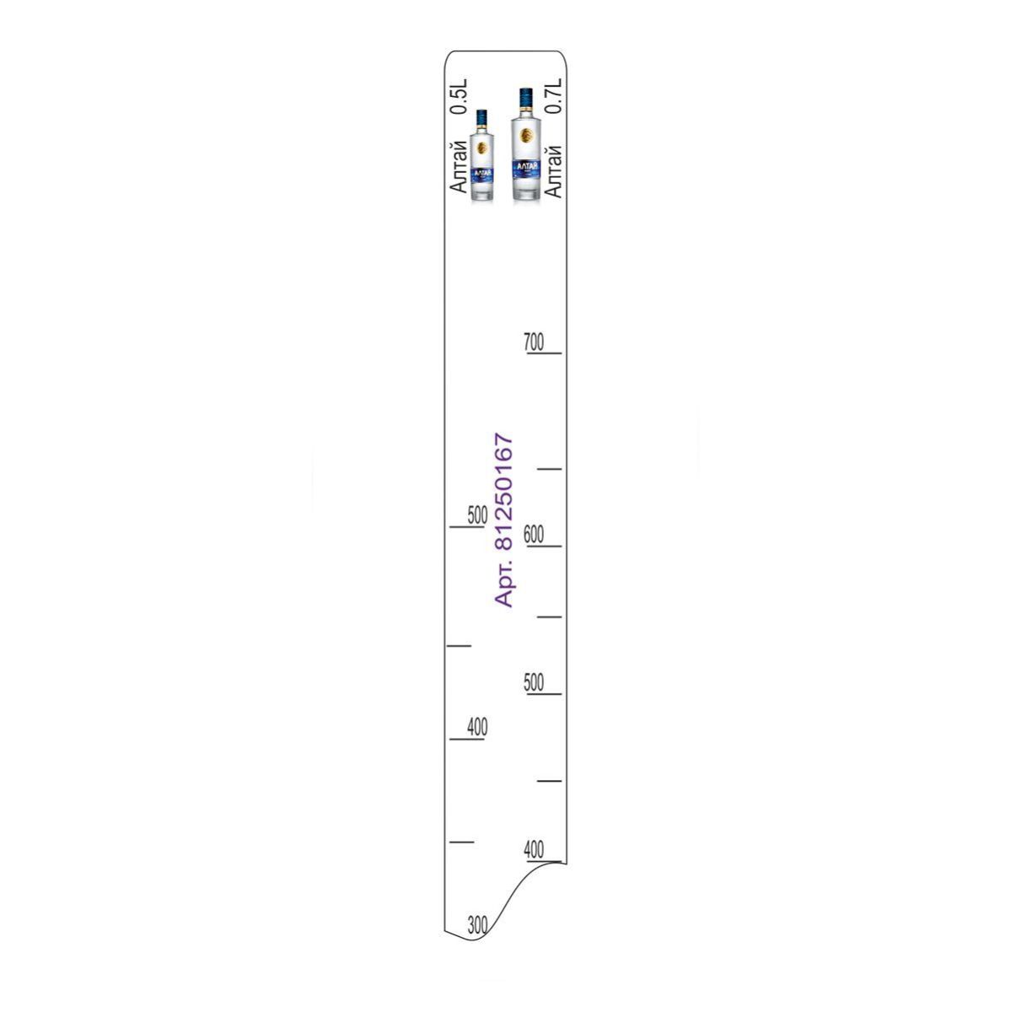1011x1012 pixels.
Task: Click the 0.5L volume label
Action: coord(459,97)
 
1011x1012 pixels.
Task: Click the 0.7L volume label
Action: coord(553,96)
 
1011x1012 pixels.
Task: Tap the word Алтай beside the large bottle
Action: coord(553,171)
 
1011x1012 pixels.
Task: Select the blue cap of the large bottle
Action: coord(525,98)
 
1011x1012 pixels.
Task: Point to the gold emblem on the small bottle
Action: coord(482,148)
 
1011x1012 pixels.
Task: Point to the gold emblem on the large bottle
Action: coord(526,135)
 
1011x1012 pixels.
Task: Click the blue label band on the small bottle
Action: coord(482,176)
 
